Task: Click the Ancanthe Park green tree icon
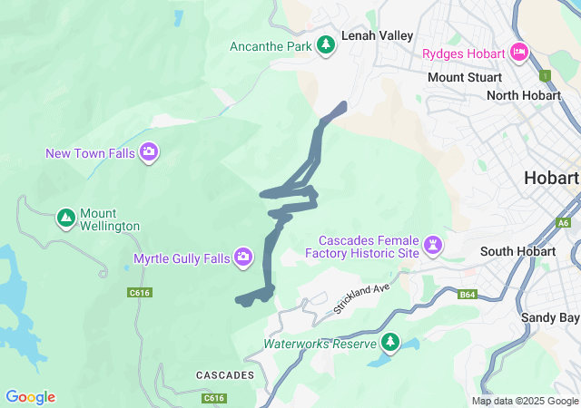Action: [326, 45]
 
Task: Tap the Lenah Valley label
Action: [377, 35]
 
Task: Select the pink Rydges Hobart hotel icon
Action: [518, 53]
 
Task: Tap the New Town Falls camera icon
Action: [150, 153]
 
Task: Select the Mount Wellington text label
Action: [109, 219]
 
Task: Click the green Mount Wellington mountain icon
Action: [65, 219]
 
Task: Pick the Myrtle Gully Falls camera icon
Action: [243, 258]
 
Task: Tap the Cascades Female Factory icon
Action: [435, 245]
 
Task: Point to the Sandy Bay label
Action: [550, 317]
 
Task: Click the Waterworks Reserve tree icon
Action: [390, 343]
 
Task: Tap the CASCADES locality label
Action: [224, 374]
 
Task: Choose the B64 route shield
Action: [468, 295]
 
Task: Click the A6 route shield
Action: [564, 222]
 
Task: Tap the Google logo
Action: [30, 397]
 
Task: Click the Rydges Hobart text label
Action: [463, 53]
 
